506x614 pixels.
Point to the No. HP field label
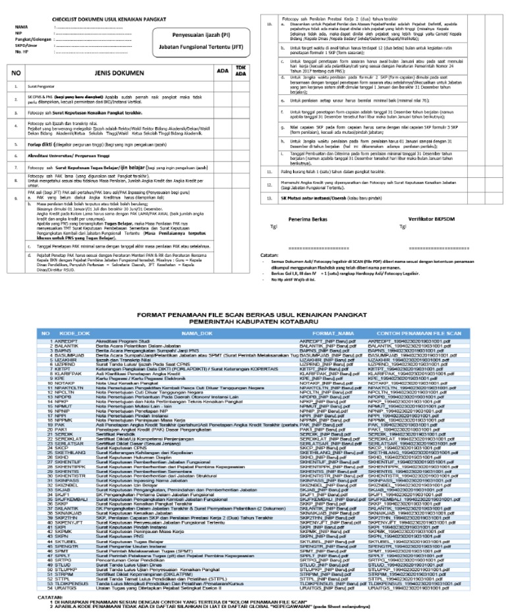[21, 50]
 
